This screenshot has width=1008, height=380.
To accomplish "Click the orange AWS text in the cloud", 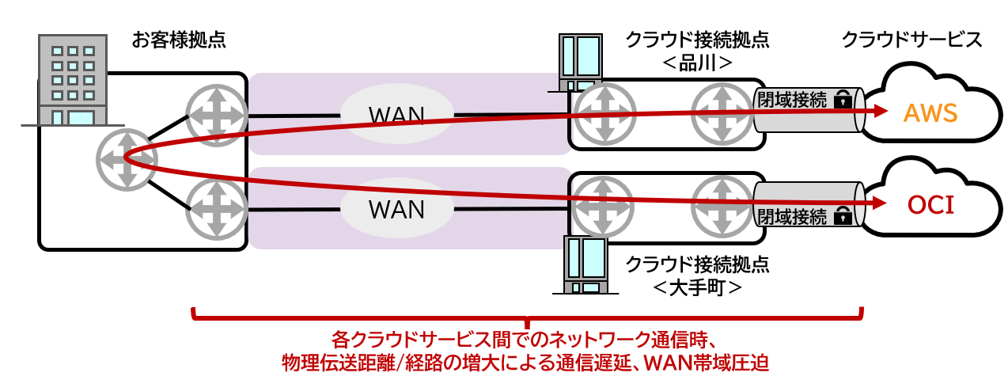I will click(x=930, y=113).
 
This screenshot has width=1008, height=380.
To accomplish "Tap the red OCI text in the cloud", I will click(x=930, y=207).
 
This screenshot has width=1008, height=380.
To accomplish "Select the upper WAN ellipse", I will click(x=396, y=115).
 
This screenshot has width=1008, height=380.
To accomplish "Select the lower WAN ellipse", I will click(x=396, y=209).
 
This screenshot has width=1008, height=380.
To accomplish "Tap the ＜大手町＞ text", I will click(x=697, y=287).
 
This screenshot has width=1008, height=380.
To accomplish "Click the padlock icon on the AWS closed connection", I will click(x=843, y=100).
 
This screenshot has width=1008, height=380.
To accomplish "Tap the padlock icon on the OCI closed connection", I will click(x=843, y=215).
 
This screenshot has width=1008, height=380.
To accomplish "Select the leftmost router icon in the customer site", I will click(x=127, y=158).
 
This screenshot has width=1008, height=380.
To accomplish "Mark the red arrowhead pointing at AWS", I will click(x=875, y=112).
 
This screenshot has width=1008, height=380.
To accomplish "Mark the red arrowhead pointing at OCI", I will click(x=875, y=204).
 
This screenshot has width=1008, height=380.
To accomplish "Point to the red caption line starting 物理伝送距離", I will click(x=525, y=363).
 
